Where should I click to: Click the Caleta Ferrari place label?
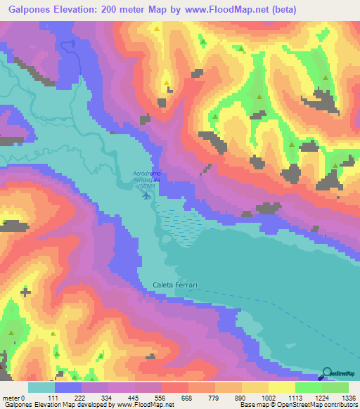coord(176,285)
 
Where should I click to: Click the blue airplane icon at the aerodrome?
coord(146,195)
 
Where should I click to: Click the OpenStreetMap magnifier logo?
coord(328,373)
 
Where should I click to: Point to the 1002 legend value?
coord(268,397)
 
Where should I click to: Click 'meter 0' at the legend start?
coord(14,397)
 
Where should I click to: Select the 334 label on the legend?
coord(108,397)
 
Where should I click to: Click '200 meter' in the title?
coord(131,9)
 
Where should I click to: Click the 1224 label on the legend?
coord(322,397)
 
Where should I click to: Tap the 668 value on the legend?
coord(187,397)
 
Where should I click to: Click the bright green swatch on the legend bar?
coord(308,387)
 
